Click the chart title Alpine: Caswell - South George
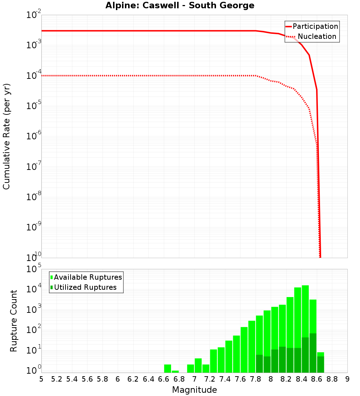pyautogui.click(x=180, y=6)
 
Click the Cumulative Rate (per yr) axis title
pyautogui.click(x=6, y=136)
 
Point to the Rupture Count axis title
pyautogui.click(x=14, y=321)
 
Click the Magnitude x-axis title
pyautogui.click(x=194, y=390)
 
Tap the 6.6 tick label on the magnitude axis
pyautogui.click(x=164, y=379)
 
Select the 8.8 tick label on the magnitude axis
pyautogui.click(x=332, y=379)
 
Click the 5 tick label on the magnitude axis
pyautogui.click(x=41, y=379)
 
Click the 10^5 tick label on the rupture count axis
pyautogui.click(x=34, y=269)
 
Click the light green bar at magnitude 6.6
pyautogui.click(x=168, y=369)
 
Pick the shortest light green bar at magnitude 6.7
pyautogui.click(x=175, y=372)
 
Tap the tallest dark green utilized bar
pyautogui.click(x=313, y=353)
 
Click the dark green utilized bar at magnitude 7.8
pyautogui.click(x=259, y=364)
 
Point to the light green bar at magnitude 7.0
pyautogui.click(x=198, y=365)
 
